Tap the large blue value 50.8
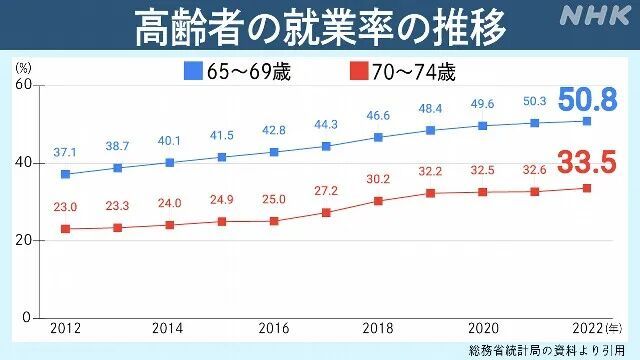click(586, 99)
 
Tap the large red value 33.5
click(586, 161)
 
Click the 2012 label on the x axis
click(65, 328)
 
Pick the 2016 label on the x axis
click(274, 328)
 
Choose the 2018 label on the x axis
click(378, 328)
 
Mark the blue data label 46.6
click(378, 116)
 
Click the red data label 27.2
click(326, 190)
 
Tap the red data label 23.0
click(65, 206)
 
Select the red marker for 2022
click(587, 188)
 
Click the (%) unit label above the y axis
click(24, 68)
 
